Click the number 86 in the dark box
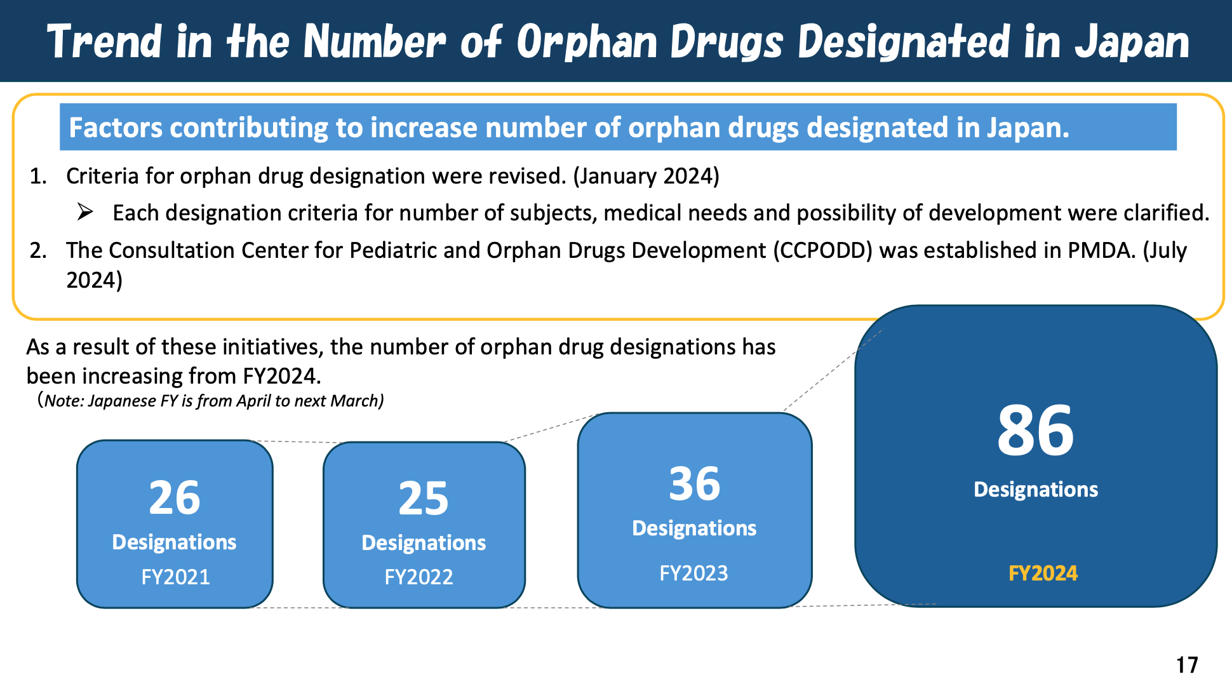[x=1035, y=432]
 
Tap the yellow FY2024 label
[x=1043, y=574]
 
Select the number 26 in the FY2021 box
[x=175, y=498]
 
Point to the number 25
[x=424, y=499]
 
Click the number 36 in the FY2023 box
[x=695, y=484]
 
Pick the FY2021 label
[x=175, y=577]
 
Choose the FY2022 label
[x=419, y=577]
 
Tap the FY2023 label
[x=693, y=574]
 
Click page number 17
[x=1186, y=665]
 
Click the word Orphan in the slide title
[x=587, y=43]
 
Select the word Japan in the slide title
[x=1132, y=43]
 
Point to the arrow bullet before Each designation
[x=86, y=212]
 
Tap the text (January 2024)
[x=646, y=176]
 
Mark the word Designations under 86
[x=1036, y=490]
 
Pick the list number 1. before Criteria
[x=38, y=176]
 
